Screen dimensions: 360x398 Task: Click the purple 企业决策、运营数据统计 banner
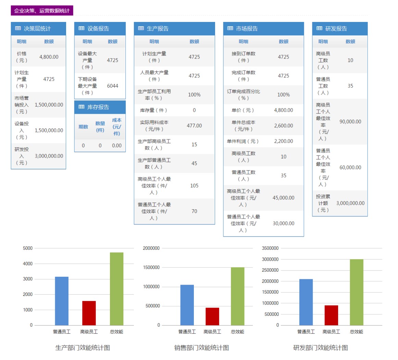[42, 11]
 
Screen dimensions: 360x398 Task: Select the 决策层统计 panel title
[37, 29]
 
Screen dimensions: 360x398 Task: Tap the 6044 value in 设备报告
[112, 86]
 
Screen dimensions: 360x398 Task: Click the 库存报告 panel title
[98, 107]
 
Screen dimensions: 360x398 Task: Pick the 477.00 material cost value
[194, 126]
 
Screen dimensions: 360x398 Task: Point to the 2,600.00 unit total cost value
[283, 126]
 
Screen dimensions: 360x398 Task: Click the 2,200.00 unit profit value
[283, 141]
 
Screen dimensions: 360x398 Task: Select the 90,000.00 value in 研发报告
[350, 122]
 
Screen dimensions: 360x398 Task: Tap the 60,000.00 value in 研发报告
[350, 167]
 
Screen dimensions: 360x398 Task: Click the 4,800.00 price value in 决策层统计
[49, 57]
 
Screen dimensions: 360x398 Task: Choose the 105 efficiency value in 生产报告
[194, 186]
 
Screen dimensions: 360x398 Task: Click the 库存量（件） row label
[154, 110]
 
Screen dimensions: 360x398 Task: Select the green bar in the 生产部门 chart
[116, 288]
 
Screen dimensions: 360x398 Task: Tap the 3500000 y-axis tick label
[270, 248]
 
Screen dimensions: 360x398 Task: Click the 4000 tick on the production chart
[28, 263]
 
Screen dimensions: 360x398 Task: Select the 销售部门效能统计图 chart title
[201, 348]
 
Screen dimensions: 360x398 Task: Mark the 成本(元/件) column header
[116, 127]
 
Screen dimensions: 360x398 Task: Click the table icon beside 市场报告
[230, 28]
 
